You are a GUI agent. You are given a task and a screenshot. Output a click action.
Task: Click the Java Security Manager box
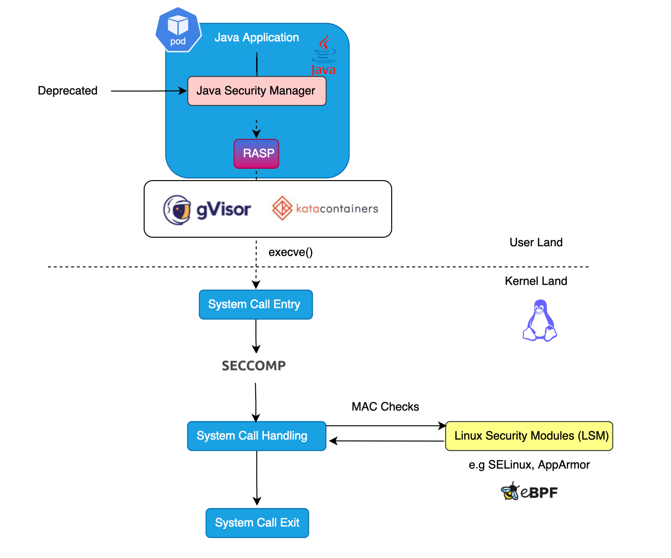click(x=257, y=91)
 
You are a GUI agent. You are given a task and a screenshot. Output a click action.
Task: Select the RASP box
click(x=256, y=154)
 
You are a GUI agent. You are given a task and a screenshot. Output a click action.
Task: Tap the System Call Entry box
click(x=256, y=304)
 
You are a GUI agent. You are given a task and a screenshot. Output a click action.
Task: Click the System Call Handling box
click(x=257, y=436)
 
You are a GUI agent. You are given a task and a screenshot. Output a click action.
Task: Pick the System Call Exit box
click(x=257, y=523)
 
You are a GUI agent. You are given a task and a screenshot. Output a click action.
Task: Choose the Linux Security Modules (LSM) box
click(x=529, y=436)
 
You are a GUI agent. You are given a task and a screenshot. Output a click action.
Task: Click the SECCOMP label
click(x=254, y=366)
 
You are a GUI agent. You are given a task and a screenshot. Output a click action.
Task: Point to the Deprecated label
click(x=68, y=91)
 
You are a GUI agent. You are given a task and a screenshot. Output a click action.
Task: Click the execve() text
click(x=291, y=252)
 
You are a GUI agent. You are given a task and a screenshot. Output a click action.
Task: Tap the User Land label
click(x=536, y=242)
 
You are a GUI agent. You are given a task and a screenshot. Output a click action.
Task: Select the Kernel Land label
click(x=536, y=281)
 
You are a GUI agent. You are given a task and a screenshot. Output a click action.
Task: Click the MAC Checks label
click(x=385, y=406)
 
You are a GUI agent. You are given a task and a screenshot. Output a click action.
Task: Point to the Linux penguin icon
click(x=540, y=320)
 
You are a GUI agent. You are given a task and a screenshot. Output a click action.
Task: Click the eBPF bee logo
click(x=511, y=492)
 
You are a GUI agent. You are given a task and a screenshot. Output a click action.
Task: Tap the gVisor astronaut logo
click(x=177, y=210)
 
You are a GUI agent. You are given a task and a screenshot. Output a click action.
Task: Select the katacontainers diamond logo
click(x=282, y=208)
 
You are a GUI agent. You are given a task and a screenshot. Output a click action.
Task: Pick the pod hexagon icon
click(x=178, y=29)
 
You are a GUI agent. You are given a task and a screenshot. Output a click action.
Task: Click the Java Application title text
click(x=257, y=38)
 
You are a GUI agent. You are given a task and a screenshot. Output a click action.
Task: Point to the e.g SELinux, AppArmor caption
click(x=529, y=465)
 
